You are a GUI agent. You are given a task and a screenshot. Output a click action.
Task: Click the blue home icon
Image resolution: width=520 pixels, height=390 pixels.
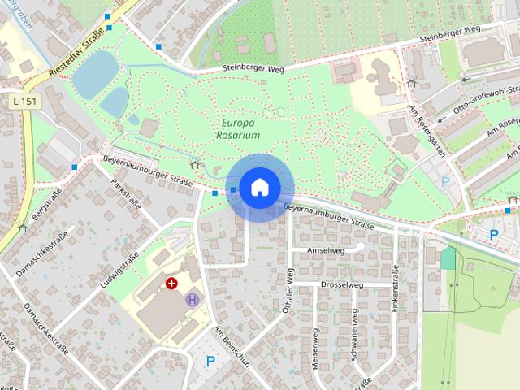pyautogui.click(x=259, y=188)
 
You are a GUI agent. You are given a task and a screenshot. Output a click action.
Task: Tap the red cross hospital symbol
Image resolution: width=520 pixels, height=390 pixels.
pyautogui.click(x=171, y=284)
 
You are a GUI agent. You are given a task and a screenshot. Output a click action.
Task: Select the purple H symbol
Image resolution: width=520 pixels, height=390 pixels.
pyautogui.click(x=193, y=299)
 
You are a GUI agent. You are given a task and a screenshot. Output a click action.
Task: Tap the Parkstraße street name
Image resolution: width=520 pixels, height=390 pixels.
pyautogui.click(x=126, y=193)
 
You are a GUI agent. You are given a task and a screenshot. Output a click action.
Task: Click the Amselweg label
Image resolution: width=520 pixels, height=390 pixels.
pyautogui.click(x=325, y=251)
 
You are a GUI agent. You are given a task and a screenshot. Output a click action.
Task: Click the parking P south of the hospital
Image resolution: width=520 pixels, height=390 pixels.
pyautogui.click(x=210, y=361)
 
